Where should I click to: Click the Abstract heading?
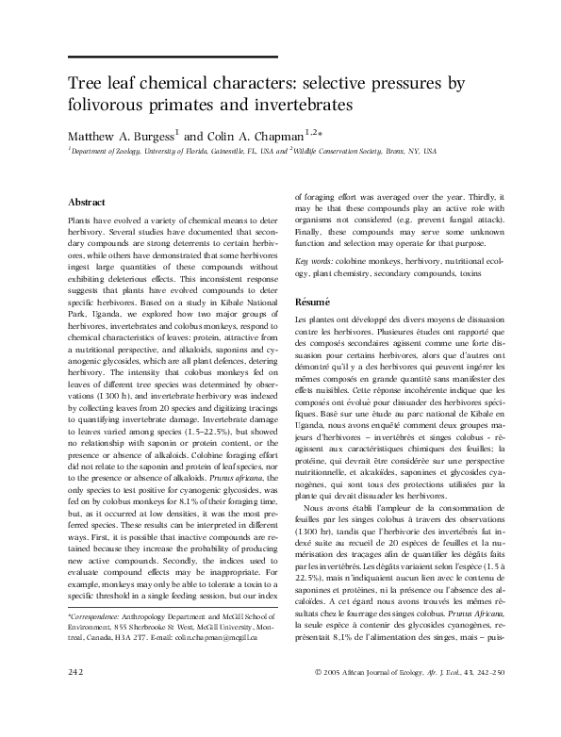pos(86,202)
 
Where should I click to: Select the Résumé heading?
pos(314,302)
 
